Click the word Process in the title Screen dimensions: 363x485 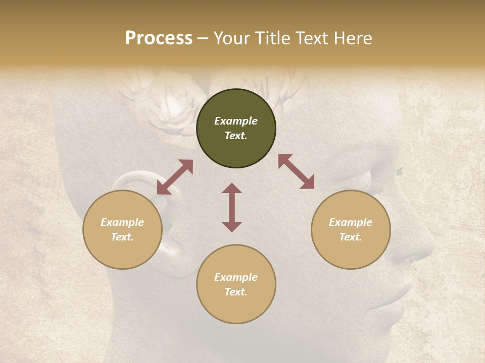pyautogui.click(x=159, y=38)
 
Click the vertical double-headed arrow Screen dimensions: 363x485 pyautogui.click(x=232, y=207)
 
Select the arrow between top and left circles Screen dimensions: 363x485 pyautogui.click(x=175, y=177)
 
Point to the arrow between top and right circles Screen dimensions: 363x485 pyautogui.click(x=297, y=171)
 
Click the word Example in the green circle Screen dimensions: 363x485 pyautogui.click(x=236, y=121)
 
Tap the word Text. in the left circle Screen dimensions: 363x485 pyautogui.click(x=122, y=237)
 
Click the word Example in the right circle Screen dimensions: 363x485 pyautogui.click(x=351, y=222)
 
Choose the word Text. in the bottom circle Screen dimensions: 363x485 pyautogui.click(x=236, y=292)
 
